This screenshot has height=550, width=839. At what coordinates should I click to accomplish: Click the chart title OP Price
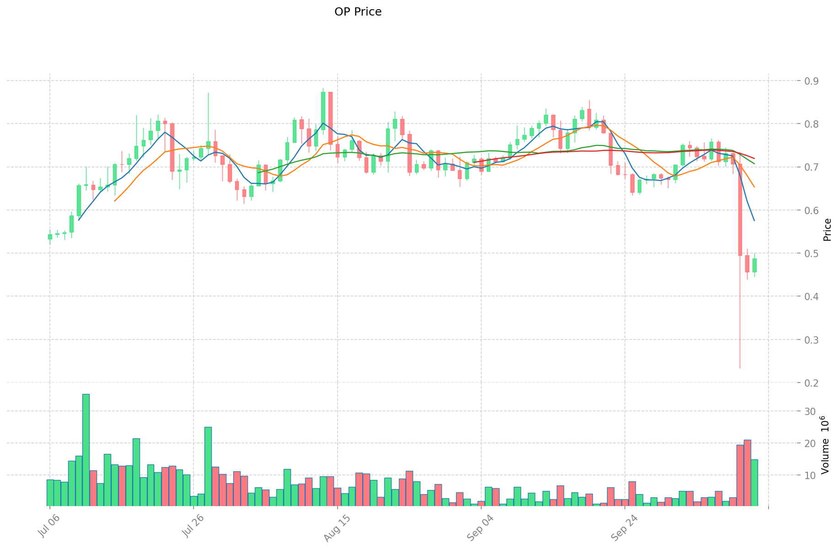pyautogui.click(x=358, y=12)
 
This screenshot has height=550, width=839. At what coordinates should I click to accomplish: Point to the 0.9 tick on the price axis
pyautogui.click(x=811, y=81)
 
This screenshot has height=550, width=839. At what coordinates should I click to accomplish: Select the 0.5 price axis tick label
pyautogui.click(x=811, y=253)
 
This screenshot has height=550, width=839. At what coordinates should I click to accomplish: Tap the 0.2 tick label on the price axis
pyautogui.click(x=811, y=383)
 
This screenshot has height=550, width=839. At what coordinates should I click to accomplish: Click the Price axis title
pyautogui.click(x=827, y=230)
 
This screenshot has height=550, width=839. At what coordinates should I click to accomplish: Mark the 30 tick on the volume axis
pyautogui.click(x=810, y=411)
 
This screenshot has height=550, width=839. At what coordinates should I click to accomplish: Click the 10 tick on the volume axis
pyautogui.click(x=810, y=475)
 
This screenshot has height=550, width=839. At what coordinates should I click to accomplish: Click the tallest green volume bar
pyautogui.click(x=86, y=450)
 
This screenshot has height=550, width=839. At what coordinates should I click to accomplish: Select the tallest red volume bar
pyautogui.click(x=747, y=473)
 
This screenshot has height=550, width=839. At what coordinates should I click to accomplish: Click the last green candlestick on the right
pyautogui.click(x=754, y=265)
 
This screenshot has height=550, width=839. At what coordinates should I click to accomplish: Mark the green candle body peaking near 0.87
pyautogui.click(x=323, y=111)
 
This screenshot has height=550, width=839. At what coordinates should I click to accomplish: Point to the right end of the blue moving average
pyautogui.click(x=754, y=221)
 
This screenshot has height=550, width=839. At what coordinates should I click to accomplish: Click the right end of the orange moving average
pyautogui.click(x=754, y=187)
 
